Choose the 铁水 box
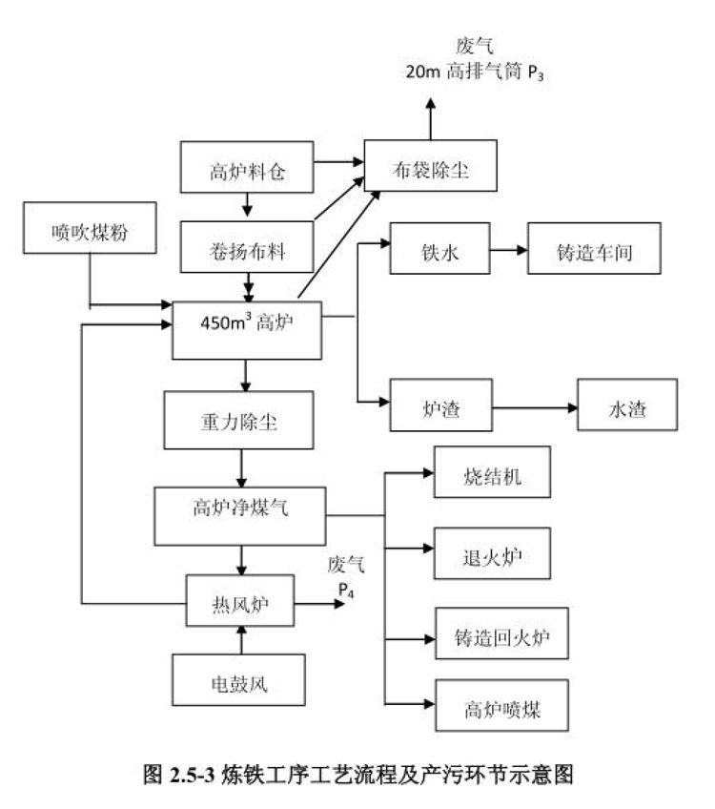[439, 251]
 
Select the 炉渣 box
[439, 406]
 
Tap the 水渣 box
[628, 406]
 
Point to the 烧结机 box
[492, 472]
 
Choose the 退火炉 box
[492, 551]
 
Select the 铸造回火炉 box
[500, 633]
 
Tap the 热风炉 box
[240, 600]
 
